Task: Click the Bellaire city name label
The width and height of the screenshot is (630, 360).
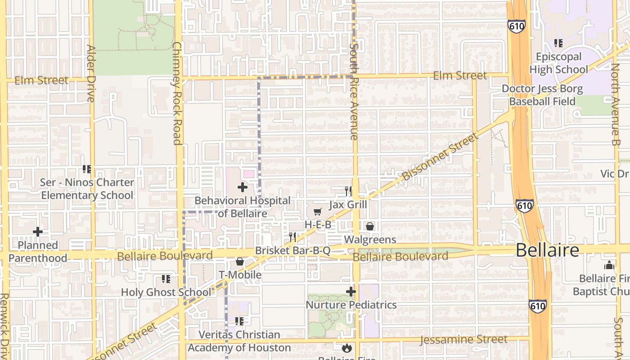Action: click(547, 250)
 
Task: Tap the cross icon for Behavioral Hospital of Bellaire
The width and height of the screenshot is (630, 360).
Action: click(243, 187)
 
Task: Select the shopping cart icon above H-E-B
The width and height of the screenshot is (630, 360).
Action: click(318, 211)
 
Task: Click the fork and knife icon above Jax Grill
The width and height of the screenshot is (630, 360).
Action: click(348, 191)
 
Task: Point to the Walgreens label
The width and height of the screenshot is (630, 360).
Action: click(370, 239)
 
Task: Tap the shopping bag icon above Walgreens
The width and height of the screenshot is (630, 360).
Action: click(369, 226)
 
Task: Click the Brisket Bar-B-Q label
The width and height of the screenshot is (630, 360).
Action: click(292, 251)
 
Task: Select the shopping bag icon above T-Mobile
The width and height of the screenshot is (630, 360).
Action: click(240, 261)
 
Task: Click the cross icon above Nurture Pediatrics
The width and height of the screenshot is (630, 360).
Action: click(351, 292)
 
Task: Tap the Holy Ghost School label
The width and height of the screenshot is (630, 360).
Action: click(166, 292)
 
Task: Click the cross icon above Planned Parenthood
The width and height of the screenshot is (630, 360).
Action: click(38, 232)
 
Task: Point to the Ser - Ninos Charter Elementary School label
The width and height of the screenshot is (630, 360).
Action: click(87, 189)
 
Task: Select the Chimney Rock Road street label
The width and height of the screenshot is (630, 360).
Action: click(177, 93)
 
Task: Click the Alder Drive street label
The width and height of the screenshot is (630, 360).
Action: click(91, 73)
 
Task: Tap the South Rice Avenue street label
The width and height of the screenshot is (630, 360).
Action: click(354, 91)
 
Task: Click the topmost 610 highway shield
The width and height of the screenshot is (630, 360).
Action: click(517, 26)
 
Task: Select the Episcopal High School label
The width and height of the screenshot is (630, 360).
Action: click(558, 63)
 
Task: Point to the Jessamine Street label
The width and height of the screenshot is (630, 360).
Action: click(463, 340)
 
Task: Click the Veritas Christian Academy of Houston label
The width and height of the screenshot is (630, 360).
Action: click(239, 341)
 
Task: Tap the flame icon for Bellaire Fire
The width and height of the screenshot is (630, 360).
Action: click(346, 348)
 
